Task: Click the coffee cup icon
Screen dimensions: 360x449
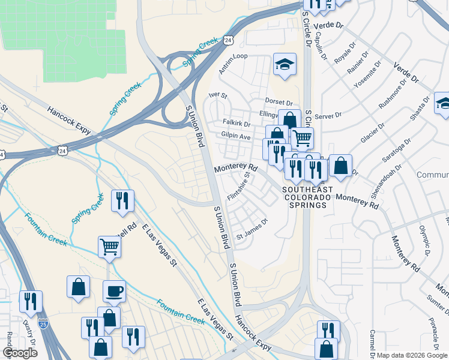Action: point(114,292)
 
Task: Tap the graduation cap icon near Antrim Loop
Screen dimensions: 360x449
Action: point(285,65)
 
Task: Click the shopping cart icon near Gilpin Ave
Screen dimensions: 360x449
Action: point(302,138)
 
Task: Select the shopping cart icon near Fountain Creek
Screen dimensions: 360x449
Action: point(110,246)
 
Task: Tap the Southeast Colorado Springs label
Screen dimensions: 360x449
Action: point(306,197)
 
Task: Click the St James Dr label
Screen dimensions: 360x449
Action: point(251,235)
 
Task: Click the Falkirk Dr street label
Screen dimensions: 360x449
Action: point(236,122)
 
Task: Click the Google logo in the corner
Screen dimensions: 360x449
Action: point(20,353)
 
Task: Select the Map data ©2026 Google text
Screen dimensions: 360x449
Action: point(412,355)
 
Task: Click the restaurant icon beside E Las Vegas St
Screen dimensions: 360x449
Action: point(122,201)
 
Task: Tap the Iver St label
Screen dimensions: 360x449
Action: point(218,95)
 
